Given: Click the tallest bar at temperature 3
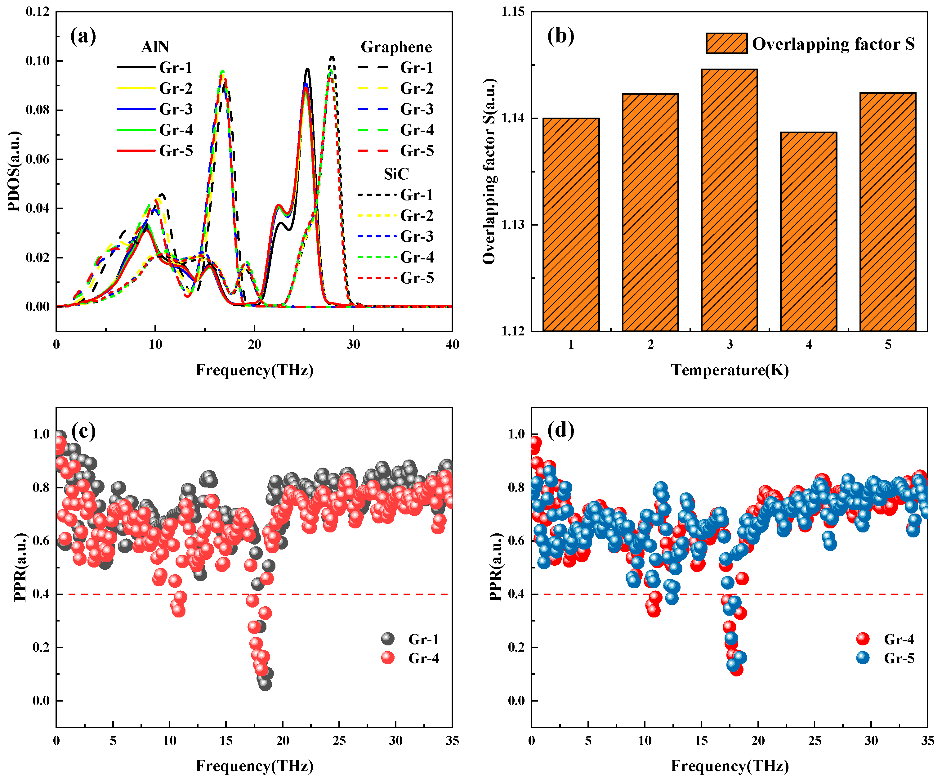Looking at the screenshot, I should [730, 200].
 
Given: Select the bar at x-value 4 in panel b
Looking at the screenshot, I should [808, 231].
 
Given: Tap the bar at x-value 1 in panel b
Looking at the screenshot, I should [571, 224].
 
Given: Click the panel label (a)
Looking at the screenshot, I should [83, 36].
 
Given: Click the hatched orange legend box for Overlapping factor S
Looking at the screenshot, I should [726, 43].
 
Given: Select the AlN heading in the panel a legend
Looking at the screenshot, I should [155, 47].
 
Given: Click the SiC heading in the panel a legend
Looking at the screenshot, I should [396, 174].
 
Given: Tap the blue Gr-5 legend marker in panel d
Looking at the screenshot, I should [863, 658].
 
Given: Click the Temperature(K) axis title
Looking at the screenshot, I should [730, 370].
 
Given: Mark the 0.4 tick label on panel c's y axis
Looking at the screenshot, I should [41, 594].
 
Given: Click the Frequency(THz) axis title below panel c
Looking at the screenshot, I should [254, 766].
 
